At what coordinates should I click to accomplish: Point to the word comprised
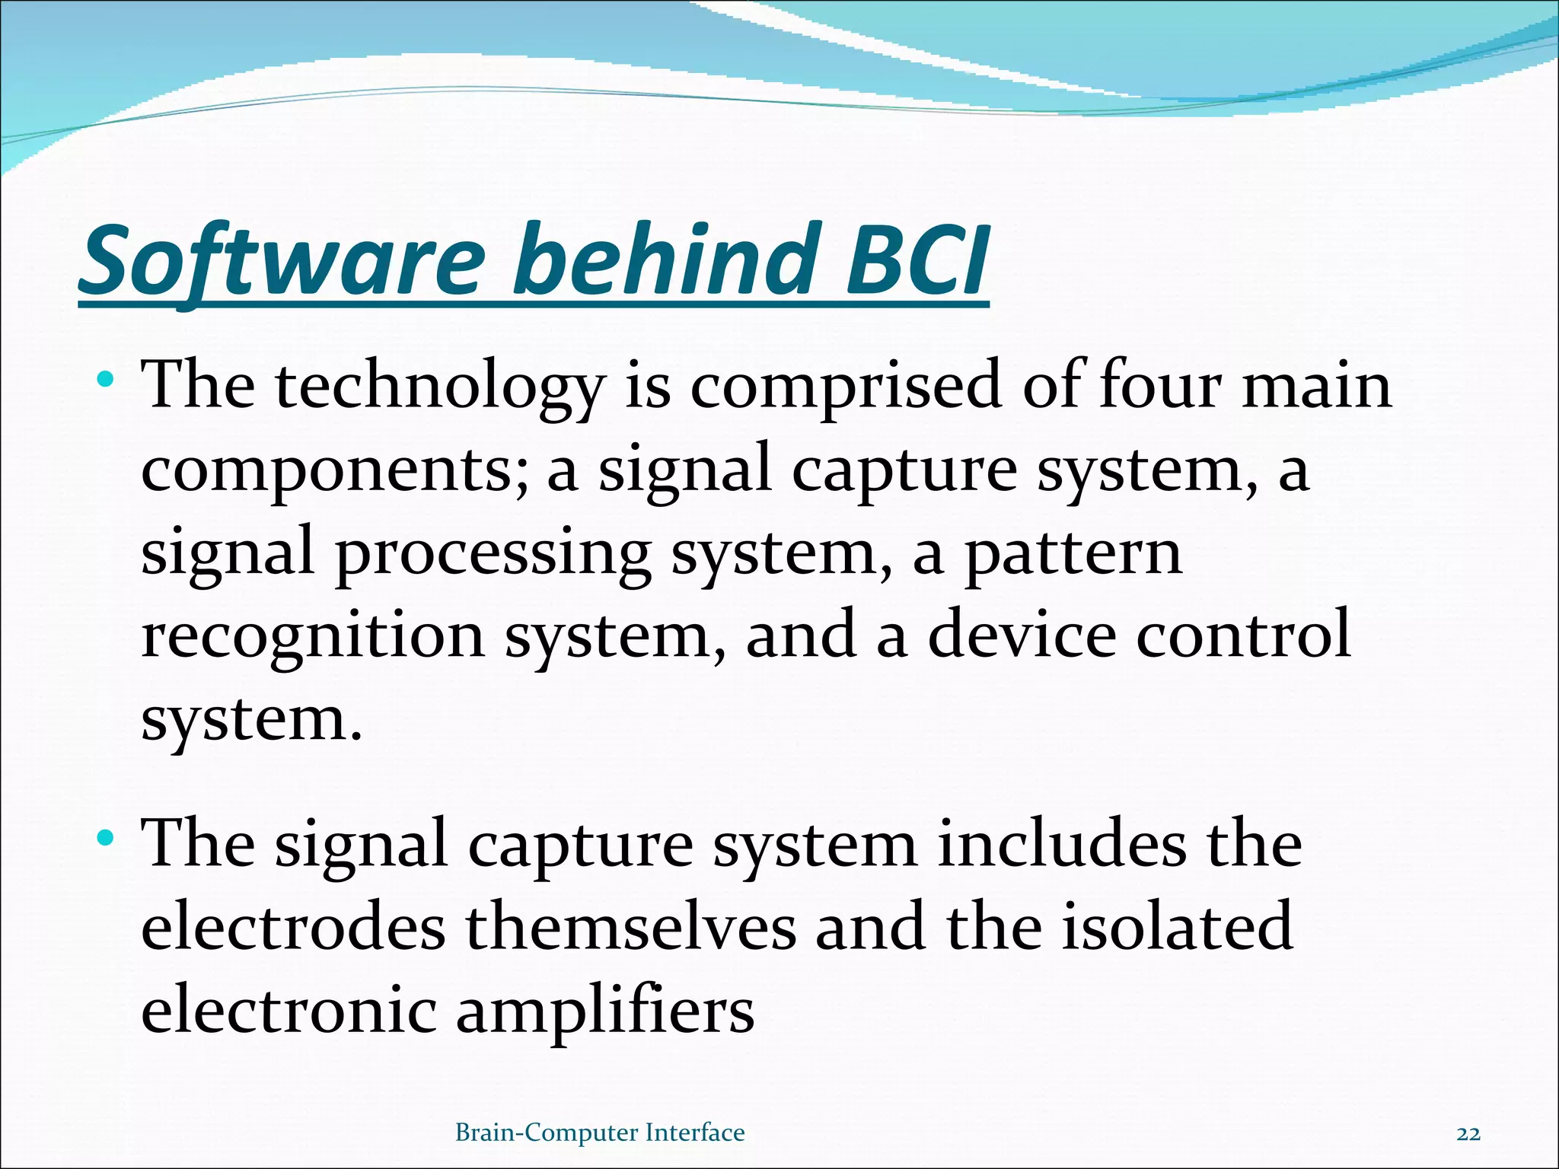(x=845, y=385)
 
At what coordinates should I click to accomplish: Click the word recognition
(x=313, y=635)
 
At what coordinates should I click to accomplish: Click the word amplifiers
(x=605, y=1012)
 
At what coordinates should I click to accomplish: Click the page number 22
(x=1468, y=1134)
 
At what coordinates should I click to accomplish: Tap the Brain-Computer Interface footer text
(x=600, y=1133)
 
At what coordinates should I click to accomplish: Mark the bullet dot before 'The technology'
(x=107, y=378)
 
